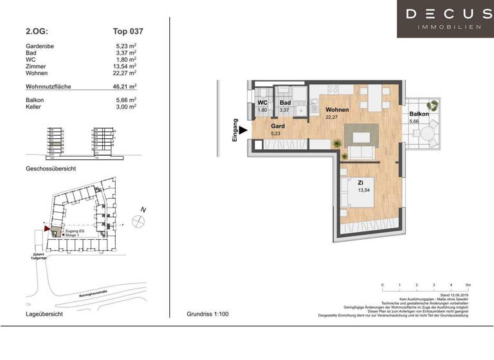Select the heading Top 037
click(123, 30)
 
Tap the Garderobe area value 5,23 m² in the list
click(123, 46)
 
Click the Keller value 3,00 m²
click(123, 107)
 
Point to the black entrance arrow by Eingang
click(243, 130)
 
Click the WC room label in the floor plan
click(262, 103)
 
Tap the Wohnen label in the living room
click(336, 110)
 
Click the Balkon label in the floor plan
click(419, 114)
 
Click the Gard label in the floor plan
click(277, 127)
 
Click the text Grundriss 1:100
click(207, 314)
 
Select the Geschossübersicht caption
click(51, 168)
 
